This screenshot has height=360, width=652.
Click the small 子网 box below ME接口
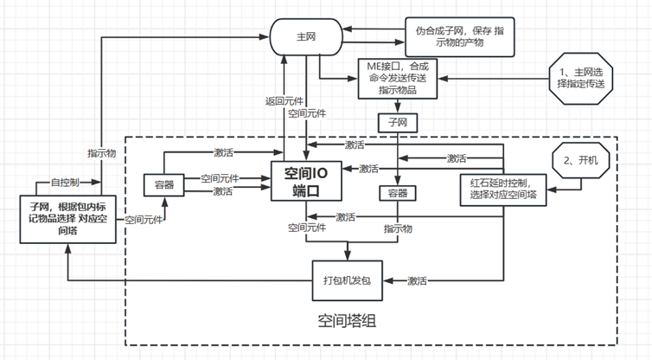pos(398,122)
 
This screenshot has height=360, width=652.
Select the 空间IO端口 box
pos(303,179)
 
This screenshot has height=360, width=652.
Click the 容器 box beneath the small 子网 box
pos(398,191)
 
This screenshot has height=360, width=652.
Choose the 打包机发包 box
pos(346,281)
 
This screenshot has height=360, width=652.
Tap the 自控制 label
pos(65,183)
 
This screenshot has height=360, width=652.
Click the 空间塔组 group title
pos(347,322)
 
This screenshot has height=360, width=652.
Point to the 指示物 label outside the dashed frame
pos(102,152)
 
